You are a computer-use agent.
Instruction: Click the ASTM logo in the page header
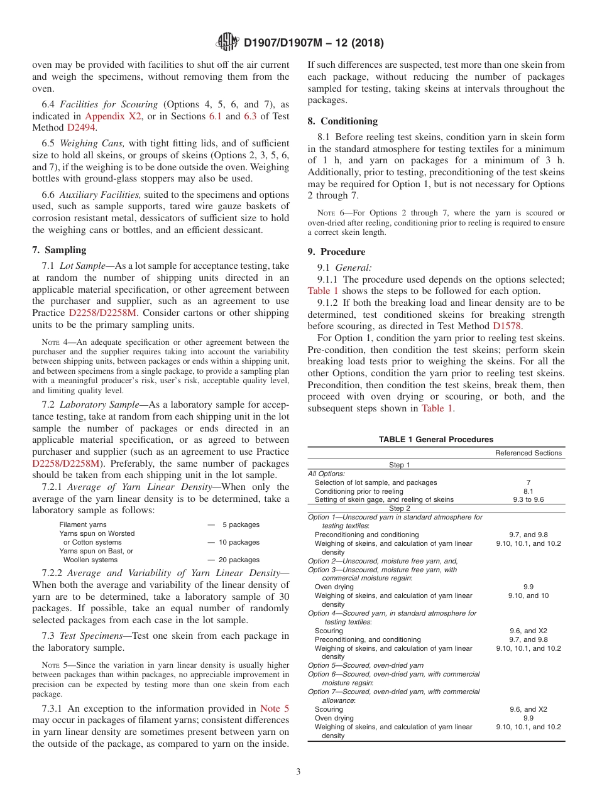click(x=227, y=43)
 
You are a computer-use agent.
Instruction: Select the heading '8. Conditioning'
click(x=342, y=121)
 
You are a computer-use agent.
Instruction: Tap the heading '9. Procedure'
click(x=336, y=252)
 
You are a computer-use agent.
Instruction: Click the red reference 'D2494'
click(x=82, y=128)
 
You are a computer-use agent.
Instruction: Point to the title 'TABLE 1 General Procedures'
click(x=435, y=440)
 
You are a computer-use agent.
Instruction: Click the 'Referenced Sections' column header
click(x=528, y=453)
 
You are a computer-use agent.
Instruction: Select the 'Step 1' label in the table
click(x=399, y=465)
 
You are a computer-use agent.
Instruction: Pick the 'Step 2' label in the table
click(x=399, y=509)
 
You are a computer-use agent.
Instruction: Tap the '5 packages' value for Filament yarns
click(x=241, y=525)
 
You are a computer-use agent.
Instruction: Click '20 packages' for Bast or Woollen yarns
click(x=238, y=560)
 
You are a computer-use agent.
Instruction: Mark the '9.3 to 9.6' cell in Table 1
click(x=528, y=500)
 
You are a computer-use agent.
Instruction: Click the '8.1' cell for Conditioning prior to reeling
click(x=528, y=491)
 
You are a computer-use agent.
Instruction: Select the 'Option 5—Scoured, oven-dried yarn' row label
click(x=365, y=665)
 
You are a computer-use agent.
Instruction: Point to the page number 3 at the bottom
click(x=298, y=772)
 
